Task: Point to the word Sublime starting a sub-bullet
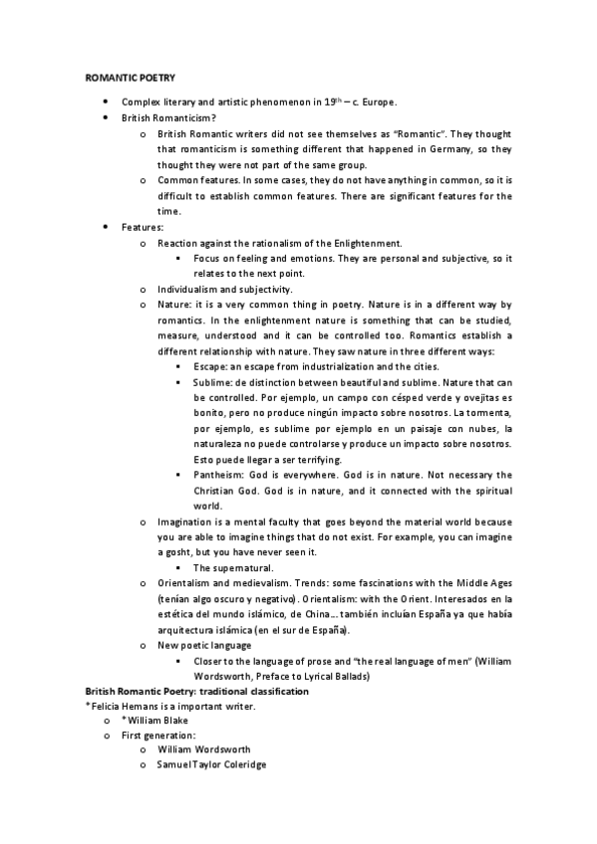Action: (x=212, y=382)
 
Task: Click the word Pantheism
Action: (x=218, y=475)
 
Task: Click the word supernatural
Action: (x=242, y=567)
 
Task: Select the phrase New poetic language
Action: (x=204, y=645)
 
